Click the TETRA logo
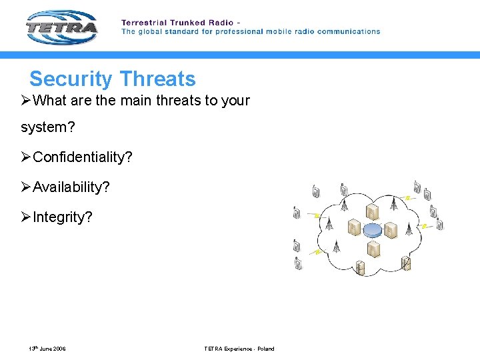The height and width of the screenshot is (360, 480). (62, 27)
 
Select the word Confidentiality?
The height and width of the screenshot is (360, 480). (83, 157)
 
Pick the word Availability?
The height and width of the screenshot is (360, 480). (71, 187)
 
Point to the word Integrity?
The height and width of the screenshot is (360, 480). (63, 217)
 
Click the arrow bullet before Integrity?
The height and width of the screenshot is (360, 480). (26, 217)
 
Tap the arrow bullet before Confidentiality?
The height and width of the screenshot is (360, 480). (26, 157)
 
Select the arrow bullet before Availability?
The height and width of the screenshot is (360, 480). (26, 187)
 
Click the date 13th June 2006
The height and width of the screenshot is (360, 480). (47, 349)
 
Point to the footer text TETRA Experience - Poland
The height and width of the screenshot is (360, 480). (239, 349)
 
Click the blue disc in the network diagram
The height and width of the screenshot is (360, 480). (373, 230)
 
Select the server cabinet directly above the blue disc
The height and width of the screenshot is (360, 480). (373, 212)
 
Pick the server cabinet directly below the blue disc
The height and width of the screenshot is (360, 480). (373, 249)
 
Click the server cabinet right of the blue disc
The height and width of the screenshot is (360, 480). (391, 231)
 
